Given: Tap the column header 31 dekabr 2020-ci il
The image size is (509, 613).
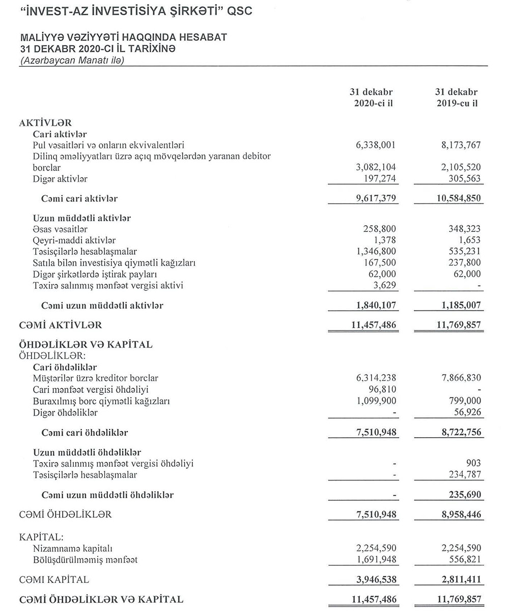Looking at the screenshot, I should point(374,98).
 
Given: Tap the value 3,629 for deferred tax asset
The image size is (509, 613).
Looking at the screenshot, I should point(386,285).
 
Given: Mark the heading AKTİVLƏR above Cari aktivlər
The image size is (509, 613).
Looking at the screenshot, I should point(45,123).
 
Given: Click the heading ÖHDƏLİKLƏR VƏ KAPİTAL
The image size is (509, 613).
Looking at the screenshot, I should point(86,344).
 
